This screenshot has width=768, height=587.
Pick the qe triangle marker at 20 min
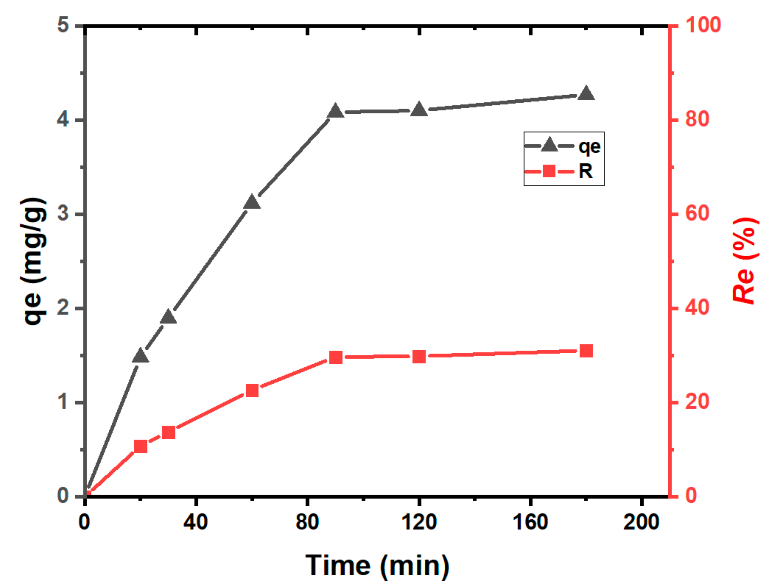[141, 356]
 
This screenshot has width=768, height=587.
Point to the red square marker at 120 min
[419, 357]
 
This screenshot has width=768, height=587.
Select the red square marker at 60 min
[252, 391]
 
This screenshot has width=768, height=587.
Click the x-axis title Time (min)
[377, 566]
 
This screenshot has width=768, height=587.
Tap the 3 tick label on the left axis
[63, 213]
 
